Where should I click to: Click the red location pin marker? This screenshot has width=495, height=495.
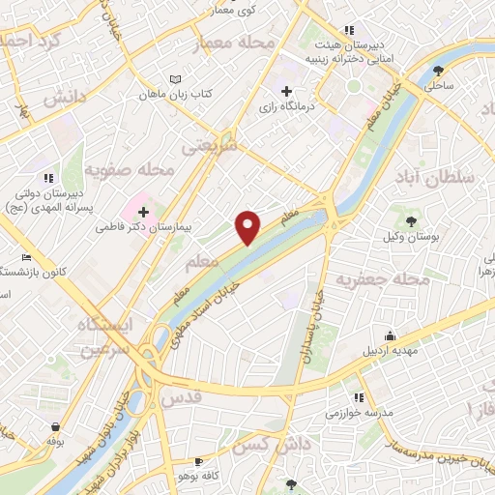tap(248, 227)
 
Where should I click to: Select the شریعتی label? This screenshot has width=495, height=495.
tap(209, 146)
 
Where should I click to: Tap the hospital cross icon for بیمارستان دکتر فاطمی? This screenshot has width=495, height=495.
tap(143, 211)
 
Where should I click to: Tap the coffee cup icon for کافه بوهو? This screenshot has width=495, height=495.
tap(199, 462)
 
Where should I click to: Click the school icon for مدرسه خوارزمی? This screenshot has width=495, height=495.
tap(359, 396)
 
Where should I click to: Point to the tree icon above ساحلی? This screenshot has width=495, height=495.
tap(439, 70)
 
